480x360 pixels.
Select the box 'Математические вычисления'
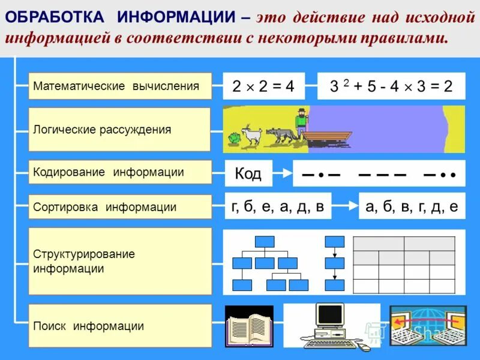pyautogui.click(x=120, y=86)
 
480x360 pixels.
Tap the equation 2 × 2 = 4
pyautogui.click(x=263, y=86)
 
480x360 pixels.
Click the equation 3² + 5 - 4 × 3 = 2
pyautogui.click(x=391, y=86)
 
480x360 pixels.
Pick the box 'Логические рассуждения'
pyautogui.click(x=120, y=130)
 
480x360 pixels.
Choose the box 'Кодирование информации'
pyautogui.click(x=120, y=172)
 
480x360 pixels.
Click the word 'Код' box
pyautogui.click(x=248, y=174)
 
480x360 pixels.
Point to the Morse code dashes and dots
pyautogui.click(x=379, y=175)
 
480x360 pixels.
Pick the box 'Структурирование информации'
pyautogui.click(x=120, y=262)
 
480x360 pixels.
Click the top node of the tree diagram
pyautogui.click(x=265, y=241)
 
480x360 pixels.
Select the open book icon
pyautogui.click(x=248, y=327)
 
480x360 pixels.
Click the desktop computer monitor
pyautogui.click(x=330, y=315)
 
